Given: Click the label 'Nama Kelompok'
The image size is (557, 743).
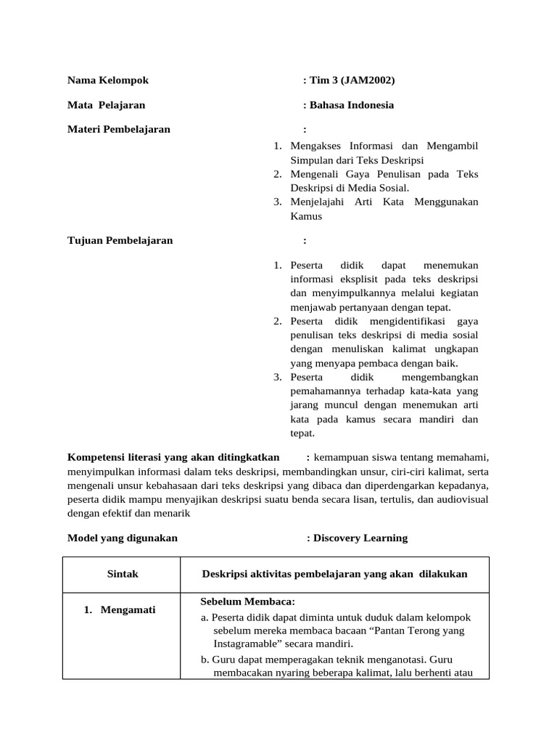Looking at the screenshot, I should click(x=107, y=80).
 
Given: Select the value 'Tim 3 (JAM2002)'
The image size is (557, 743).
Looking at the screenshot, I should click(x=352, y=80).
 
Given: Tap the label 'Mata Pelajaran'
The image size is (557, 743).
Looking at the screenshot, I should click(x=106, y=104).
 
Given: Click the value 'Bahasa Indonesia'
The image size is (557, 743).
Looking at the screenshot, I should click(x=352, y=104).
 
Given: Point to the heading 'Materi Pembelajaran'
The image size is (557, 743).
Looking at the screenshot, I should click(x=118, y=129).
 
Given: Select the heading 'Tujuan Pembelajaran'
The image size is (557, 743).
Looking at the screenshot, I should click(x=120, y=240).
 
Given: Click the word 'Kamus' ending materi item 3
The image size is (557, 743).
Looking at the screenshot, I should click(x=306, y=216).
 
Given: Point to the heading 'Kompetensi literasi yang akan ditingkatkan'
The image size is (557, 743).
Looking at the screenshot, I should click(x=173, y=457).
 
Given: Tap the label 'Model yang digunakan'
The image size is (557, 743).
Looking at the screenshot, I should click(x=122, y=538).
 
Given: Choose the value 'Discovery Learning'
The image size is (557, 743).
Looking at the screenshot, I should click(x=360, y=538).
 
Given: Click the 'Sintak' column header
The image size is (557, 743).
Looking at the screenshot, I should click(x=122, y=573).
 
